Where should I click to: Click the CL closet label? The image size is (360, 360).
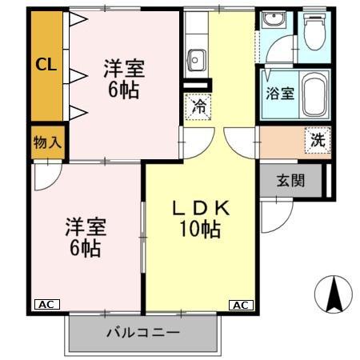coord(46,66)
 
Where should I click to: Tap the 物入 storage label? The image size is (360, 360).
coord(46,143)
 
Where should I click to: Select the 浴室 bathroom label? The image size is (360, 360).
coord(279,92)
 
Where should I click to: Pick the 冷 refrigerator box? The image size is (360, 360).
coord(198,105)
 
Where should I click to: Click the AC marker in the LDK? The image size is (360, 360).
coord(241,305)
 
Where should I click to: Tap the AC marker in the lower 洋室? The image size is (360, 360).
coord(46,305)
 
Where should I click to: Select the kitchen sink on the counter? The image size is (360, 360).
coord(196,58)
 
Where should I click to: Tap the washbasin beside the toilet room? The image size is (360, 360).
coord(274,22)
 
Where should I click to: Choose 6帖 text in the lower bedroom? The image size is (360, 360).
coord(84,249)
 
